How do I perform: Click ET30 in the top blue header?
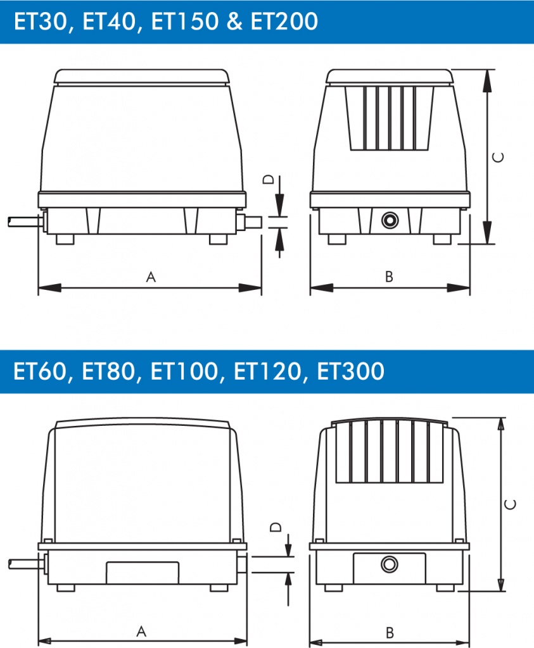[40, 21]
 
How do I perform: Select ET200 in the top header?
[284, 21]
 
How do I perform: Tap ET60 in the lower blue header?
[40, 371]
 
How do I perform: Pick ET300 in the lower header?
[350, 371]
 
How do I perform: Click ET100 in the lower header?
[184, 371]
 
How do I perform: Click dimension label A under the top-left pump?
[151, 277]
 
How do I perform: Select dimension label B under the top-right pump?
[389, 277]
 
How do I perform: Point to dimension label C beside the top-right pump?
[499, 157]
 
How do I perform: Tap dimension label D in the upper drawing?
[269, 179]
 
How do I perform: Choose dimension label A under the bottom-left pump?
[141, 632]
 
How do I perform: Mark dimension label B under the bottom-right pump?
[389, 632]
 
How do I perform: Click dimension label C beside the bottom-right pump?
[511, 504]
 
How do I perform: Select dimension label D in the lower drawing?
[276, 527]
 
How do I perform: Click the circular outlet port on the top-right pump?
[390, 220]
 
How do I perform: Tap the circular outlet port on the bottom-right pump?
[389, 564]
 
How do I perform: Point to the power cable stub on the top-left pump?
[25, 222]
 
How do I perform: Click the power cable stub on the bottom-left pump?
[25, 564]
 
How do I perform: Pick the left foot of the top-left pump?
[65, 239]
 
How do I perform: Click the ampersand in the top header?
[234, 22]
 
